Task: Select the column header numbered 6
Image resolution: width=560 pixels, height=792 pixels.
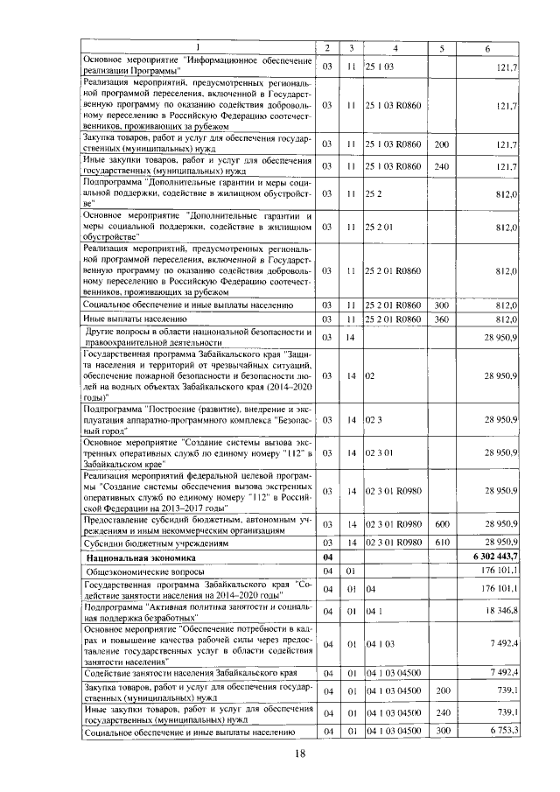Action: click(x=486, y=47)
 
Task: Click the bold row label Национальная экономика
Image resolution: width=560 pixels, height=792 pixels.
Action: click(x=139, y=557)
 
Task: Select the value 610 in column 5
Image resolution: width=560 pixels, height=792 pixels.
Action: click(x=441, y=543)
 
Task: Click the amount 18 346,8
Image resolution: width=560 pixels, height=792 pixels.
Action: click(x=499, y=609)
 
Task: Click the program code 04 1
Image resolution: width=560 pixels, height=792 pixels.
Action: click(x=374, y=609)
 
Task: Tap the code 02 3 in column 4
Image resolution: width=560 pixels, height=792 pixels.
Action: click(x=374, y=419)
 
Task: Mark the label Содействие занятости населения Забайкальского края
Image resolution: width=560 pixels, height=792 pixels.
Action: click(x=192, y=672)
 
